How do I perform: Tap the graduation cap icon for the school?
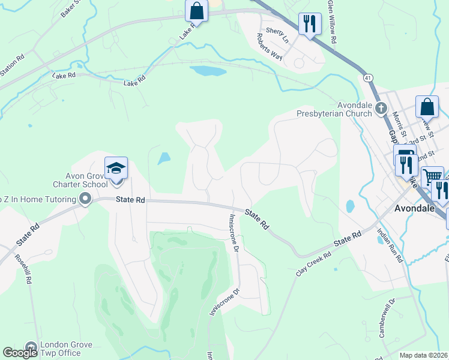tap(116, 168)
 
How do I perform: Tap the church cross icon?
tap(381, 109)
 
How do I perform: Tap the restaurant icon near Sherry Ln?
tap(309, 24)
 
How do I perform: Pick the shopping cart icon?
tap(432, 177)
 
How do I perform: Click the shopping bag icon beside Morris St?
tap(427, 107)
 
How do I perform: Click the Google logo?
tap(20, 353)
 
